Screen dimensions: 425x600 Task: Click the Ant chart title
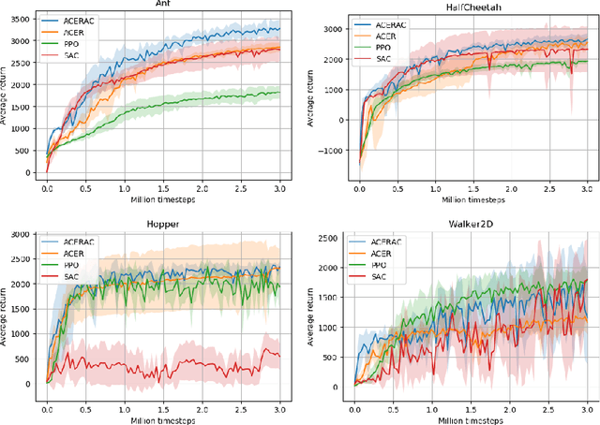[163, 4]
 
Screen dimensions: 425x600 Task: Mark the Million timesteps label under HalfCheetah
[471, 198]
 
